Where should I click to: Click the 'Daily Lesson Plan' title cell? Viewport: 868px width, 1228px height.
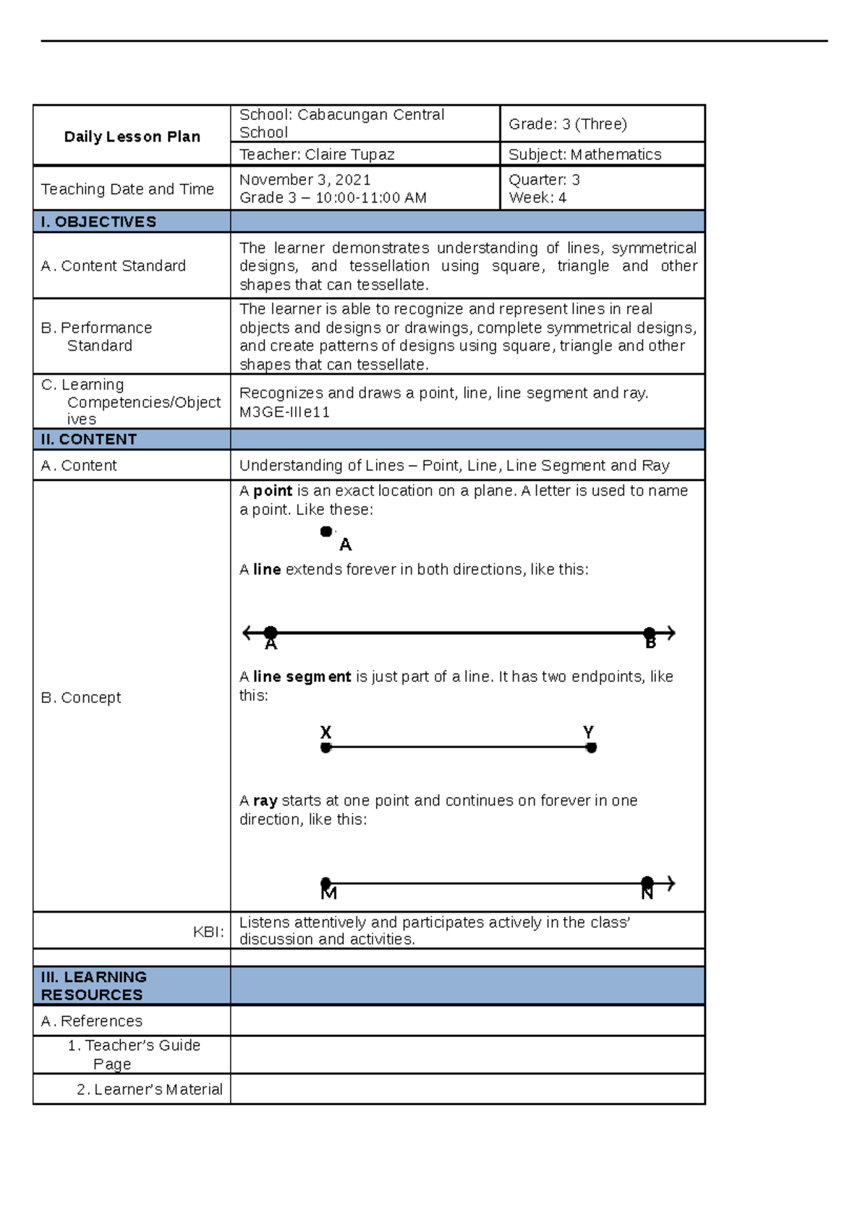tap(132, 137)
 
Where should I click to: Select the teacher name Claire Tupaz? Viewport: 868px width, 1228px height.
tap(349, 154)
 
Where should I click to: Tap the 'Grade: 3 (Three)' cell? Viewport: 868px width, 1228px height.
tap(568, 124)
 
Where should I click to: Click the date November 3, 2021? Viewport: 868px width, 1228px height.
tap(305, 179)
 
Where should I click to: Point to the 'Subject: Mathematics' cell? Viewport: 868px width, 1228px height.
tap(584, 154)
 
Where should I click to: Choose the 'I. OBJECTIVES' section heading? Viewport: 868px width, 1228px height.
tap(98, 221)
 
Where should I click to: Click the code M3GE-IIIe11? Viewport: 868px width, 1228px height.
tap(284, 412)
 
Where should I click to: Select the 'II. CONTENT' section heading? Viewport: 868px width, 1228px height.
tap(89, 439)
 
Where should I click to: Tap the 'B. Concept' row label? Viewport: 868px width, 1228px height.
tap(81, 697)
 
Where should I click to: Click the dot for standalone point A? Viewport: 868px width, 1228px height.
tap(326, 532)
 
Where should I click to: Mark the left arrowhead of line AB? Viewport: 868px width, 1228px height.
tap(247, 633)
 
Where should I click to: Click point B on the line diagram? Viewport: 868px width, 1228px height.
tap(650, 634)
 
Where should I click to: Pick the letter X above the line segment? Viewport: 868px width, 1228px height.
tap(325, 732)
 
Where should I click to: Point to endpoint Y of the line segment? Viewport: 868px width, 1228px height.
tap(591, 748)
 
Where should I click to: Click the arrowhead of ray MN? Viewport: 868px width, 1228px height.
tap(671, 883)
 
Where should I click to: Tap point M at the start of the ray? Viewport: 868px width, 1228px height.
tap(326, 884)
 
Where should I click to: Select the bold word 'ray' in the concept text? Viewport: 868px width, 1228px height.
tap(265, 801)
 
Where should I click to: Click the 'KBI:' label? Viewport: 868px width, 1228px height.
tap(208, 931)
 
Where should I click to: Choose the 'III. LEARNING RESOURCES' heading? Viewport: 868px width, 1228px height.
tap(93, 986)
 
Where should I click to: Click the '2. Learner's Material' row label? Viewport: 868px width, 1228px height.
tap(150, 1089)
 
